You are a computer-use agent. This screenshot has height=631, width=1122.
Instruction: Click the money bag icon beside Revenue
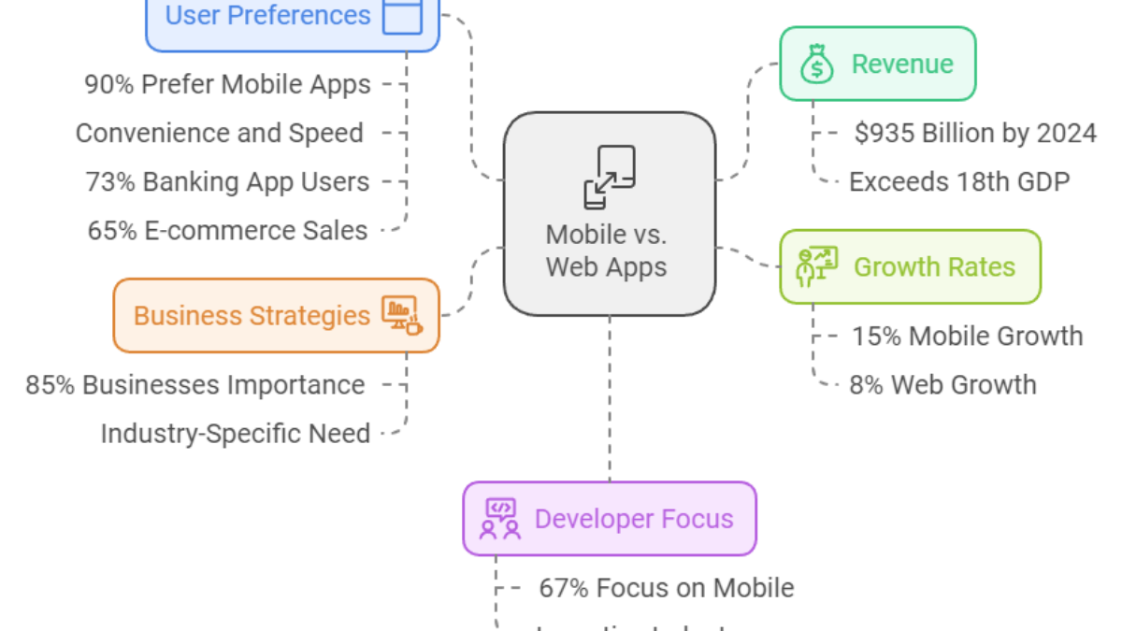click(816, 65)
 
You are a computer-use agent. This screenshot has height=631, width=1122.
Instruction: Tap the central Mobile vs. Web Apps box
click(609, 214)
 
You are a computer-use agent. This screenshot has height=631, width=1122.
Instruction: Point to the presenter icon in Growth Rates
click(816, 266)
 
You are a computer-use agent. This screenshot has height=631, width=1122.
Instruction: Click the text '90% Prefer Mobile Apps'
click(227, 85)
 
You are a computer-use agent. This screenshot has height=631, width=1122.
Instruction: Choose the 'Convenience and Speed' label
click(220, 133)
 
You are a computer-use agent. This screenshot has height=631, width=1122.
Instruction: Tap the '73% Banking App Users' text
click(227, 181)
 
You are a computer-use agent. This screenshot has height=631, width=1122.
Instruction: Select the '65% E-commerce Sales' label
click(227, 230)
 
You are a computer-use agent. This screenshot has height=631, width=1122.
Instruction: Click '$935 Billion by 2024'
click(975, 134)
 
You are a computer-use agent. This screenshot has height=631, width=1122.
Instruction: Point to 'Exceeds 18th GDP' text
click(958, 181)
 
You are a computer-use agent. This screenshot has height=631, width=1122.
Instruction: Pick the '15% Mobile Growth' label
click(967, 336)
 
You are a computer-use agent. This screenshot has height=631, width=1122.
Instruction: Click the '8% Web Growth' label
click(942, 384)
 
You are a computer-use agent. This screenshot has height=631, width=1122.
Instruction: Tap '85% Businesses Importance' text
click(195, 384)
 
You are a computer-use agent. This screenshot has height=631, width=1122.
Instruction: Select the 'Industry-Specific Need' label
click(235, 433)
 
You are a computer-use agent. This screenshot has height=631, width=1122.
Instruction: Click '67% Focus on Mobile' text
click(666, 588)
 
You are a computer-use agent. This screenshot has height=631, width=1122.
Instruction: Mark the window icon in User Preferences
click(402, 16)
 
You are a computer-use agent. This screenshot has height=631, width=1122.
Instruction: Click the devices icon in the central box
click(609, 176)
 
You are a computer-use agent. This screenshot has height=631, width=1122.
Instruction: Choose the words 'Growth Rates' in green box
click(934, 266)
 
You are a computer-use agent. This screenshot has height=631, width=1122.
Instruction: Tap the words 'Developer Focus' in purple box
click(634, 519)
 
